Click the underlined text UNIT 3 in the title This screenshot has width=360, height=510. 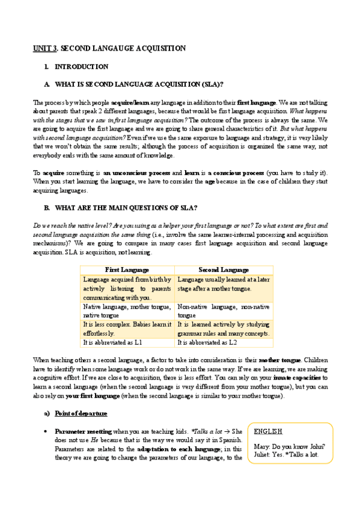point(46,48)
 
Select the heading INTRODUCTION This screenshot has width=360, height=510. point(81,67)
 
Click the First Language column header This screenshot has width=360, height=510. point(127,269)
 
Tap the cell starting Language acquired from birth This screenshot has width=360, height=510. point(127,288)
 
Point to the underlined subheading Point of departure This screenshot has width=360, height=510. point(82,414)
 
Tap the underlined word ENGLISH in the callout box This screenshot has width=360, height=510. point(268,432)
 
